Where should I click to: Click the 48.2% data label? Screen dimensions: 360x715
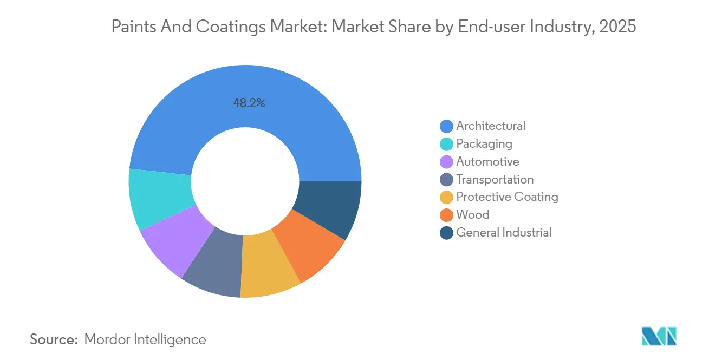[x=249, y=103]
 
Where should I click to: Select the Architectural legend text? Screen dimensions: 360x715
[x=491, y=126]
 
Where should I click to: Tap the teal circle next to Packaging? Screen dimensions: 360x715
[x=446, y=144]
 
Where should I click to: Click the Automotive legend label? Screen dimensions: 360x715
[x=487, y=162]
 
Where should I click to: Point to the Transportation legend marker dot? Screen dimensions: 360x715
[x=446, y=180]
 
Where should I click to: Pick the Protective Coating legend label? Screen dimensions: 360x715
[x=507, y=197]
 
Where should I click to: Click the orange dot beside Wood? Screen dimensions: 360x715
[x=446, y=215]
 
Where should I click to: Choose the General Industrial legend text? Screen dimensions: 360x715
[x=504, y=233]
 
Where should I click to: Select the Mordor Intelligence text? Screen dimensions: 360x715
[x=145, y=339]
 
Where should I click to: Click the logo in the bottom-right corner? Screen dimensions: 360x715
[x=659, y=336]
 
